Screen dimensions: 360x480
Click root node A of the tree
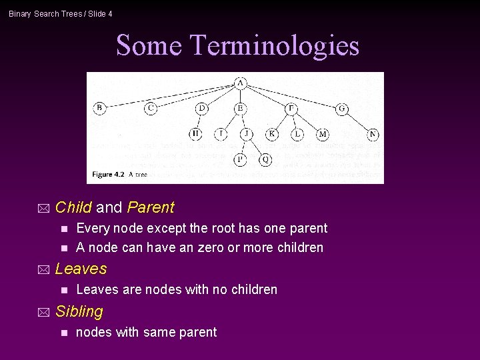(240, 83)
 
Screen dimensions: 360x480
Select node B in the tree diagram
(99, 108)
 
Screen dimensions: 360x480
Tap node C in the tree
(151, 108)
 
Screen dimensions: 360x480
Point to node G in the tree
(341, 108)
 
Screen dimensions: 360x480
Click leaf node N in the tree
(373, 134)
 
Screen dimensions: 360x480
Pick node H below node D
(195, 134)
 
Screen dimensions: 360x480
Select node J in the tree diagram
(247, 134)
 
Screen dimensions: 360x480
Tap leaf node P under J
(240, 160)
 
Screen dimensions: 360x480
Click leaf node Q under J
(265, 160)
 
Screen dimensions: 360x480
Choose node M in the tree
(323, 134)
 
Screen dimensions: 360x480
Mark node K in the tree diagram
(271, 134)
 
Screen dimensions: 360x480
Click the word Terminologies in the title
(275, 45)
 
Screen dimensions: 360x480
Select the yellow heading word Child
(73, 207)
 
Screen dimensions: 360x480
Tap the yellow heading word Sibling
(79, 311)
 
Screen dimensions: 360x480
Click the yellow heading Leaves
(81, 269)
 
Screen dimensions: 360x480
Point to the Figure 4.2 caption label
(108, 175)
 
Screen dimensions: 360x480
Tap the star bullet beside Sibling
(44, 312)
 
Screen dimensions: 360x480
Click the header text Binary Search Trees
(44, 14)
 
